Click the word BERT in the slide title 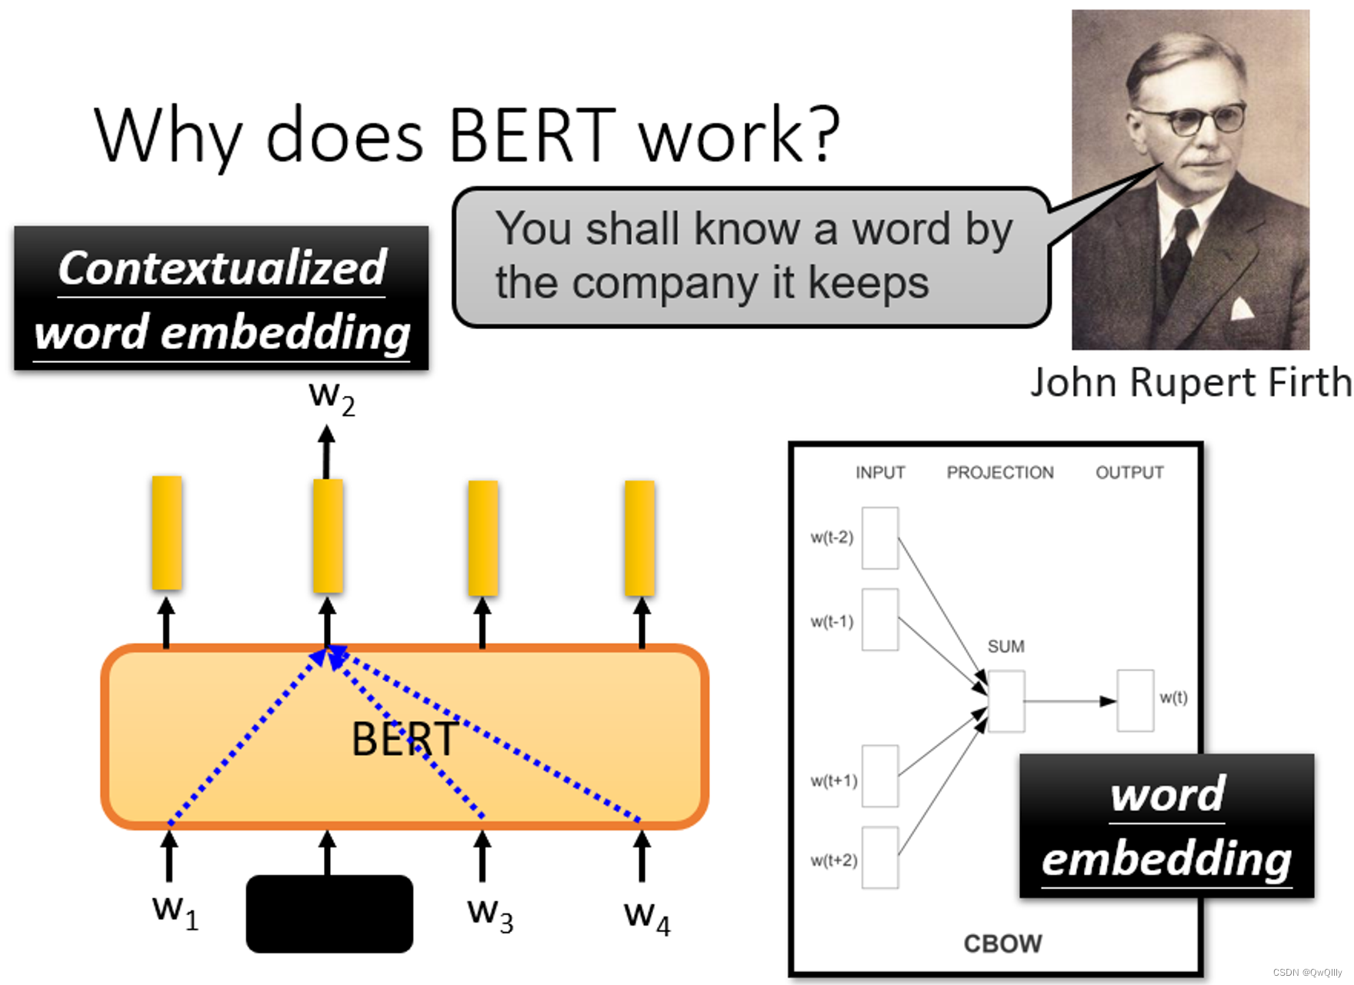tap(532, 136)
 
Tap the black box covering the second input tap(329, 913)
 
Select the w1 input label tap(175, 911)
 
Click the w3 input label tap(490, 914)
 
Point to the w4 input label tap(647, 917)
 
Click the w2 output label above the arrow tap(332, 397)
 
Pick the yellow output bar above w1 tap(167, 533)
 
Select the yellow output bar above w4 tap(639, 537)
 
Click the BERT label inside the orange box tap(404, 739)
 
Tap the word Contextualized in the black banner tap(222, 268)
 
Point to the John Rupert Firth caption tap(1190, 382)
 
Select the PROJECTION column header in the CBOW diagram tap(1000, 472)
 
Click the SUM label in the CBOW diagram tap(1005, 647)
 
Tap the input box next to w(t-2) tap(880, 538)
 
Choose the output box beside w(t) tap(1135, 700)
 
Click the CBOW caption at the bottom tap(1002, 943)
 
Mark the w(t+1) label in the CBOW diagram tap(833, 781)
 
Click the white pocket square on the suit tap(1242, 308)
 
